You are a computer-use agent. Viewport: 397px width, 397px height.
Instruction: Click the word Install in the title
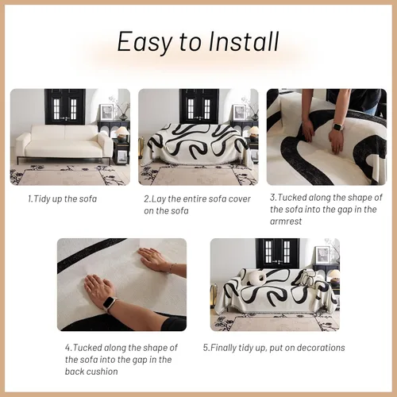point(238,41)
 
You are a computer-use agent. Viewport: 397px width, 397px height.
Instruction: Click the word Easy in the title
point(143,41)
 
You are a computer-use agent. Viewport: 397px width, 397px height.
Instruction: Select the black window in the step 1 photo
point(64,106)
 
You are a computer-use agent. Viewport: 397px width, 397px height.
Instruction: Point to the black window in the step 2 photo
point(198,106)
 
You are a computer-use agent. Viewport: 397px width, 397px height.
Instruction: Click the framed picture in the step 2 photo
point(239,111)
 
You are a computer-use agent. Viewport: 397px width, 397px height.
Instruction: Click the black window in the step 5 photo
point(276,253)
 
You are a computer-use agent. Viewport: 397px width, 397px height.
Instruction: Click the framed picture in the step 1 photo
point(106,111)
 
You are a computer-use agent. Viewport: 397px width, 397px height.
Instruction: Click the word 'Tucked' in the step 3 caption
point(295,198)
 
